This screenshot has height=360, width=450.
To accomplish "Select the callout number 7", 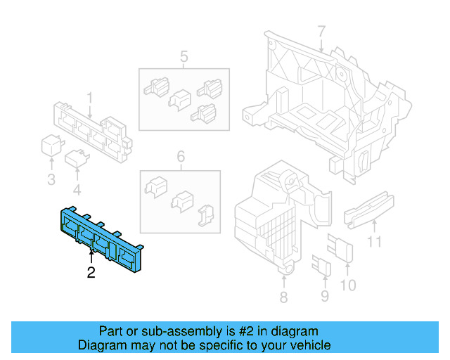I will [321, 32].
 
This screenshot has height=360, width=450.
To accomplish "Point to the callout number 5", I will [184, 56].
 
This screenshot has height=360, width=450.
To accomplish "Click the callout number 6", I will [180, 157].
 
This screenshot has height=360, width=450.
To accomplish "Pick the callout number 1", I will [89, 97].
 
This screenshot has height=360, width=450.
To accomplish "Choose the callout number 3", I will [51, 180].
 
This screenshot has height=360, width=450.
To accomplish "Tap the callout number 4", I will [77, 189].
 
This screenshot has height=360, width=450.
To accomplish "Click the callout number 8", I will [283, 297].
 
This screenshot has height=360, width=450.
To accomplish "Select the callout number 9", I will [324, 296].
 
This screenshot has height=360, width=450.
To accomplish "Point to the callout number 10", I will [348, 285].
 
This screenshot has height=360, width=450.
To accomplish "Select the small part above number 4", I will [76, 160].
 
